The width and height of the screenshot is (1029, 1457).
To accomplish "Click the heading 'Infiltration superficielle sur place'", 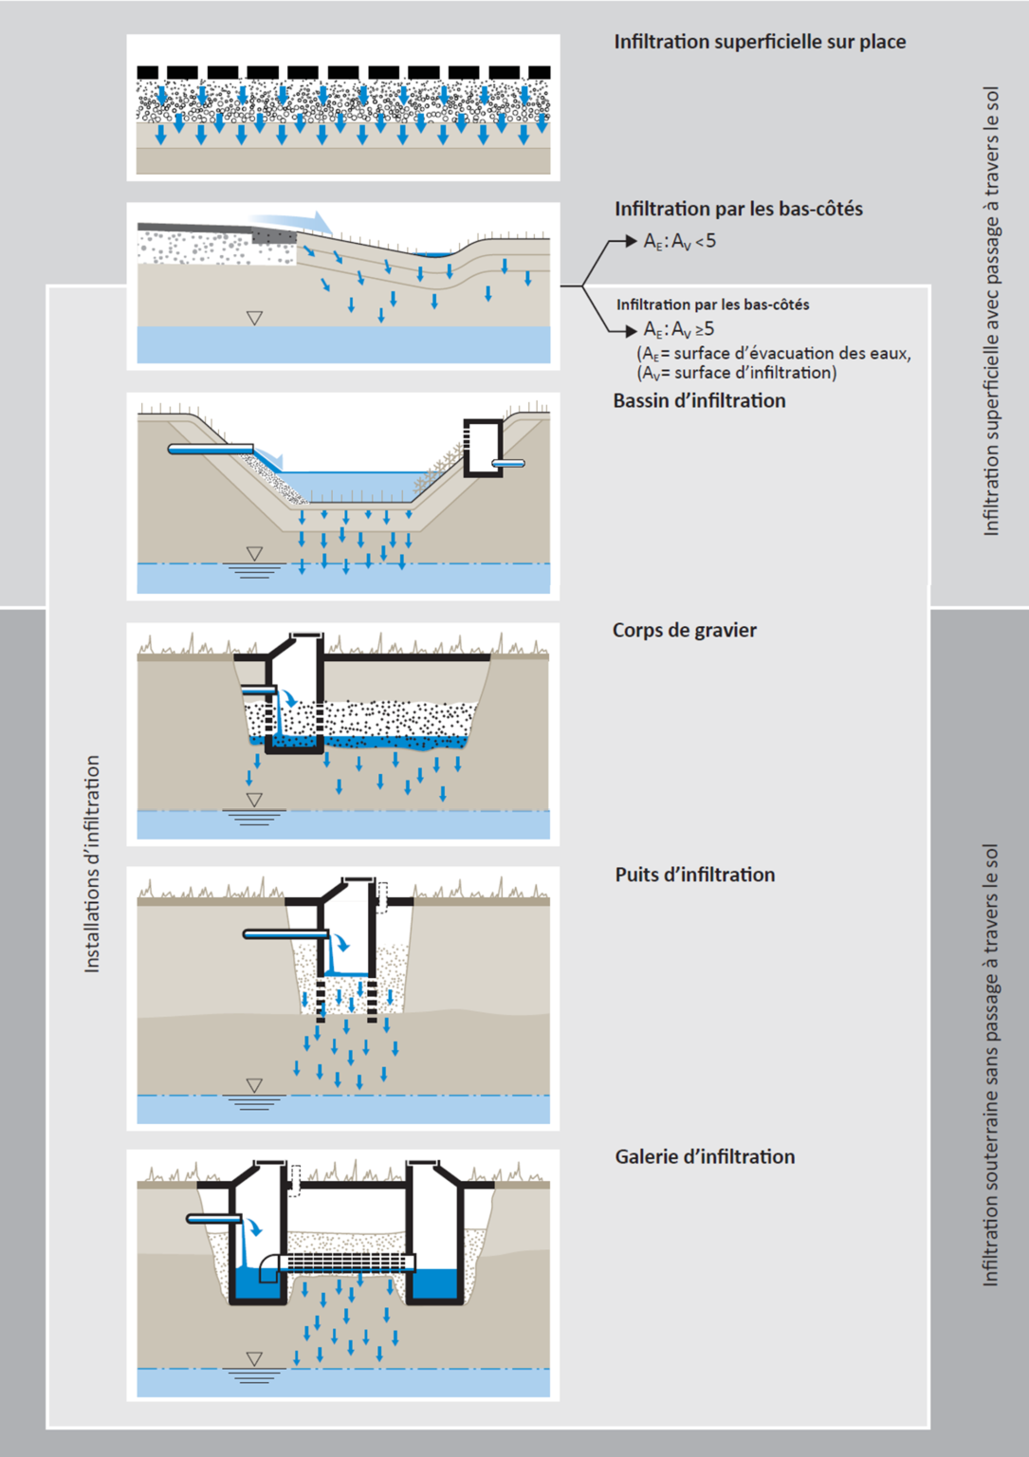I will coord(760,42).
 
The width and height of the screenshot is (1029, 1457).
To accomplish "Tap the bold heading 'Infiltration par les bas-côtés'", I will coord(738,209).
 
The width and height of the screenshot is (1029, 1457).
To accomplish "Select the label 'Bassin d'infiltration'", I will coord(699,400).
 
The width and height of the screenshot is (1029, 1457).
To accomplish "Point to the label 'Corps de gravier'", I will coord(684,630).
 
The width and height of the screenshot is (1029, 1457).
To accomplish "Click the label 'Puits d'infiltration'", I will coord(694,875).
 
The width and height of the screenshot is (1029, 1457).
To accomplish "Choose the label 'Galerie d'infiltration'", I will coord(705,1156).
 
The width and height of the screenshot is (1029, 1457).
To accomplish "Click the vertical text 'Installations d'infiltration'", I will coord(92,863).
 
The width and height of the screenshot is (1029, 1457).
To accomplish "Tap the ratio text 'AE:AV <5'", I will coord(679,242).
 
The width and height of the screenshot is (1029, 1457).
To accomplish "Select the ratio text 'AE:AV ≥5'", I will coord(679,330).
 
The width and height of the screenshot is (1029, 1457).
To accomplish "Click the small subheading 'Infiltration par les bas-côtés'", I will coord(712,304).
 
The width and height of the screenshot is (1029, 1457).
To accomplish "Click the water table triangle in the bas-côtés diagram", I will coord(254,318).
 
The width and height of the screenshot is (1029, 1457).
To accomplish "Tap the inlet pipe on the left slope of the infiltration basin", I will coord(211,449).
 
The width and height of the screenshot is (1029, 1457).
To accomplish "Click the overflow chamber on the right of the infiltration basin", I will coord(483,447).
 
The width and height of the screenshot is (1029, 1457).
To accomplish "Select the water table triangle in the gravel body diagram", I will coord(254,800).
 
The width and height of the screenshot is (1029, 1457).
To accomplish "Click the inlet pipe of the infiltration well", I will coord(285,934).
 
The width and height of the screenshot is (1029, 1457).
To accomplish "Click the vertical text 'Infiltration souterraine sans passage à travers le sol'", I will coord(990,1064).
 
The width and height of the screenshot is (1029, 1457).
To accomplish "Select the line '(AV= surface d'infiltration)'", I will coord(736,373).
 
